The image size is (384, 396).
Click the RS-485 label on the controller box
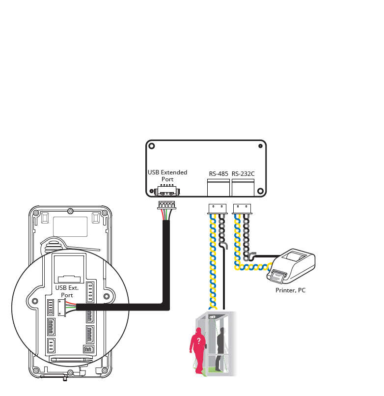[x=218, y=173]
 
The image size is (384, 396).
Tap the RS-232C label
[x=243, y=173]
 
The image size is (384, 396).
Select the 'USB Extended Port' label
[x=167, y=176]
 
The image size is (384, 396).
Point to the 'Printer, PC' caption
[x=290, y=290]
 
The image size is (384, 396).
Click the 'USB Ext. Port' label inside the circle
[x=67, y=291]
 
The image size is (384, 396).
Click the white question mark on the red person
[x=198, y=340]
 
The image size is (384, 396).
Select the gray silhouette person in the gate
[x=220, y=344]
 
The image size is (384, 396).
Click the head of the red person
[x=199, y=330]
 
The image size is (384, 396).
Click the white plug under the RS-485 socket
[x=217, y=208]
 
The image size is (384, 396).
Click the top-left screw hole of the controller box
[x=152, y=146]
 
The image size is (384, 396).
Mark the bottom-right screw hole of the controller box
[x=260, y=191]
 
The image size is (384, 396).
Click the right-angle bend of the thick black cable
[x=166, y=307]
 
